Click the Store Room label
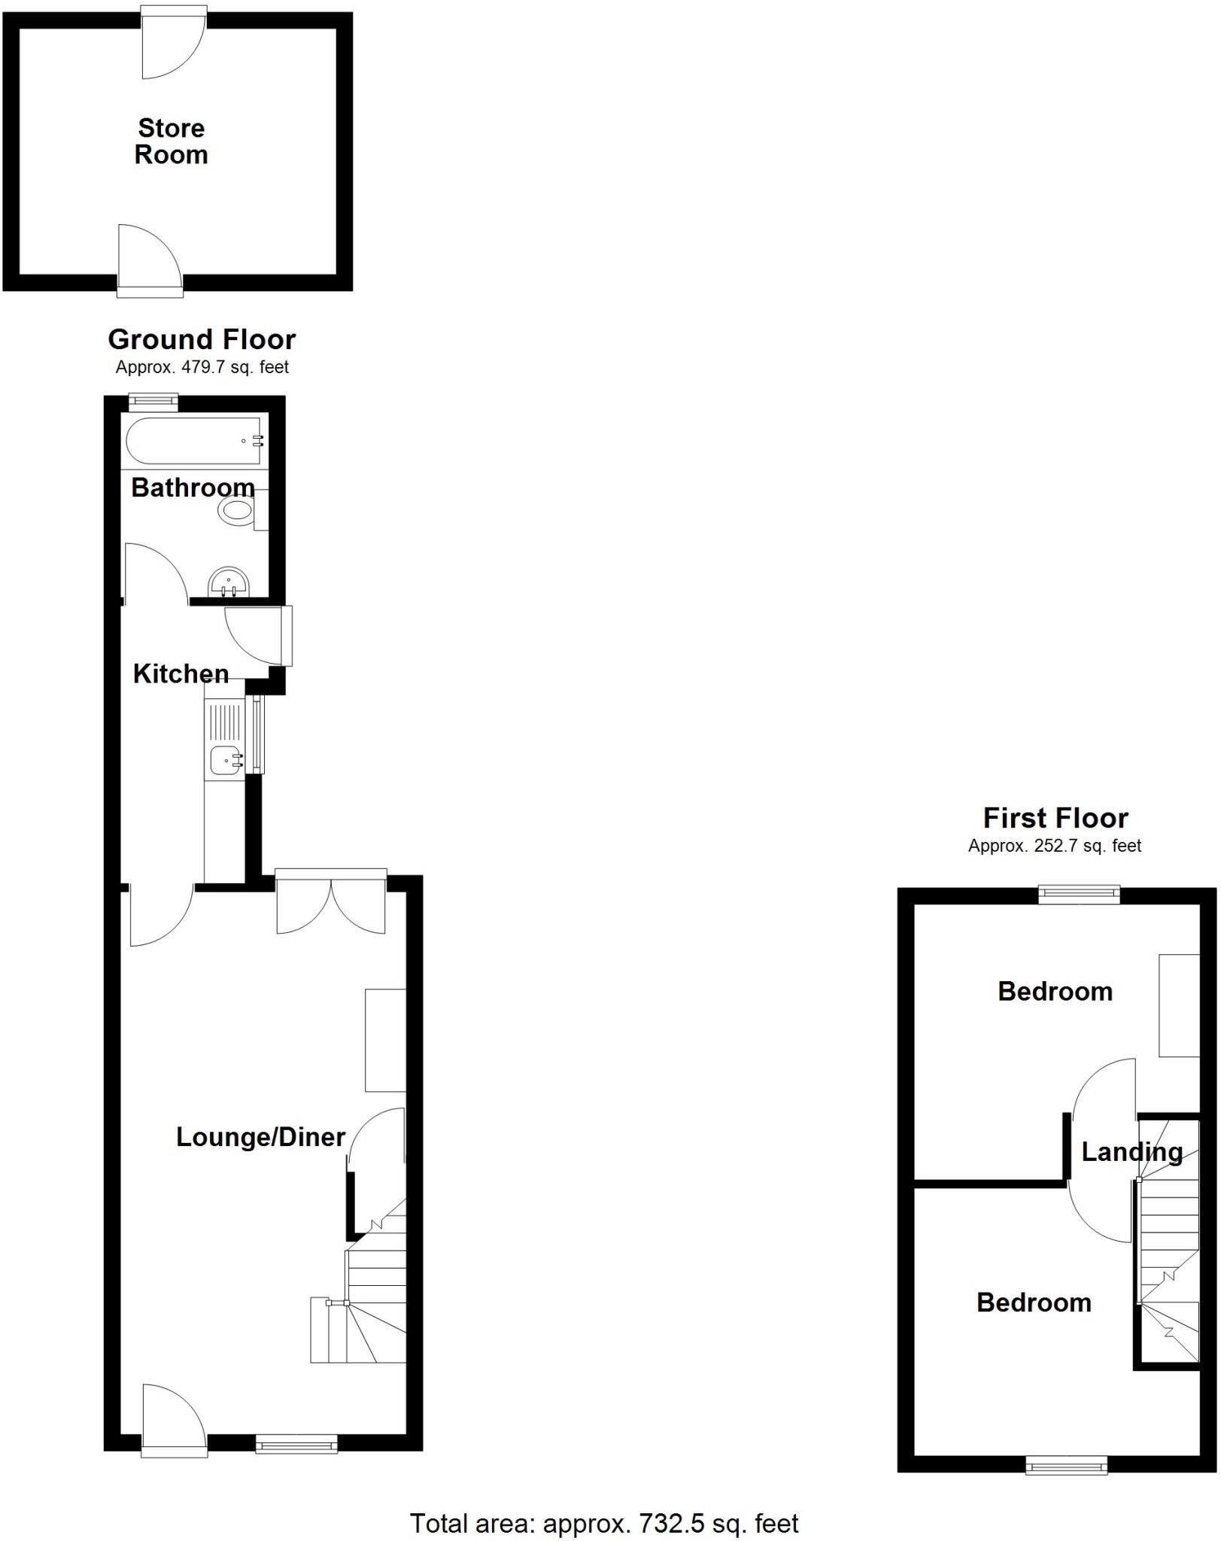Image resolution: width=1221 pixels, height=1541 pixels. tap(171, 141)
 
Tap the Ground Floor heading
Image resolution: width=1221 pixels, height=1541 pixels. tap(202, 339)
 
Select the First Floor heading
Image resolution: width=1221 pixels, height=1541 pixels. tap(1055, 818)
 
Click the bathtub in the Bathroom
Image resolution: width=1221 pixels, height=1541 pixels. tap(194, 442)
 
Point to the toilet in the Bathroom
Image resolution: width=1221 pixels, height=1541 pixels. tap(239, 512)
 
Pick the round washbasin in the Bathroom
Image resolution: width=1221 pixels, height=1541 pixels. tap(228, 582)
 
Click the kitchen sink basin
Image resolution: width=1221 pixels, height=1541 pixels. tap(225, 760)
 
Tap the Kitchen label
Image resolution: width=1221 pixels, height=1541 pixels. tap(181, 674)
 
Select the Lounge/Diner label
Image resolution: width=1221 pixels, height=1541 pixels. tap(260, 1137)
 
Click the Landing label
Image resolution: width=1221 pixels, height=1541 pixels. tap(1131, 1152)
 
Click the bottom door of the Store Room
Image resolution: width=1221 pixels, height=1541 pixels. tap(150, 258)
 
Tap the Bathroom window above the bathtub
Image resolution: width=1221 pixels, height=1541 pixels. tap(153, 402)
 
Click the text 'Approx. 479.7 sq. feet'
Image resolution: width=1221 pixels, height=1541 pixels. tap(202, 368)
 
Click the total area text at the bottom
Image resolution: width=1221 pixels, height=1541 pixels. tap(603, 1524)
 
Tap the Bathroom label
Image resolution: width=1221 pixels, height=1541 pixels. tap(193, 488)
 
